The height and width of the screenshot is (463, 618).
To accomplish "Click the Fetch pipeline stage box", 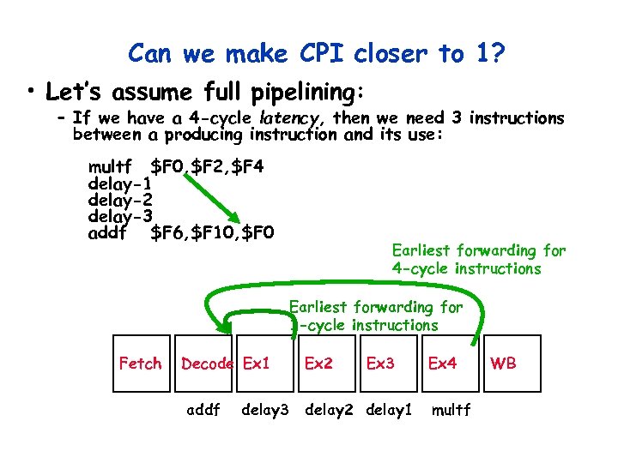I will click(x=139, y=364).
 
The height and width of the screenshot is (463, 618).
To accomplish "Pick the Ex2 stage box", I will click(x=318, y=364).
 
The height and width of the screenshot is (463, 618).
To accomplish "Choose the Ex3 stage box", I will click(x=380, y=364).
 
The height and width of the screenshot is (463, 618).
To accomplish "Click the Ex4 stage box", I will click(x=442, y=364).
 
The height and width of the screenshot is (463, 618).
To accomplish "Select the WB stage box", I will click(x=503, y=364).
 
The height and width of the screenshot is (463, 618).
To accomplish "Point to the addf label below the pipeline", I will click(x=204, y=410).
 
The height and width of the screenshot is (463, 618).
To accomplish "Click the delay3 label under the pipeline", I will click(x=265, y=410).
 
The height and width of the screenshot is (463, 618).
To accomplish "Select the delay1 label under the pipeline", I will click(x=389, y=410).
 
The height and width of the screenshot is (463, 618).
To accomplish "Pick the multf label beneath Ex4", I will click(x=451, y=410).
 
